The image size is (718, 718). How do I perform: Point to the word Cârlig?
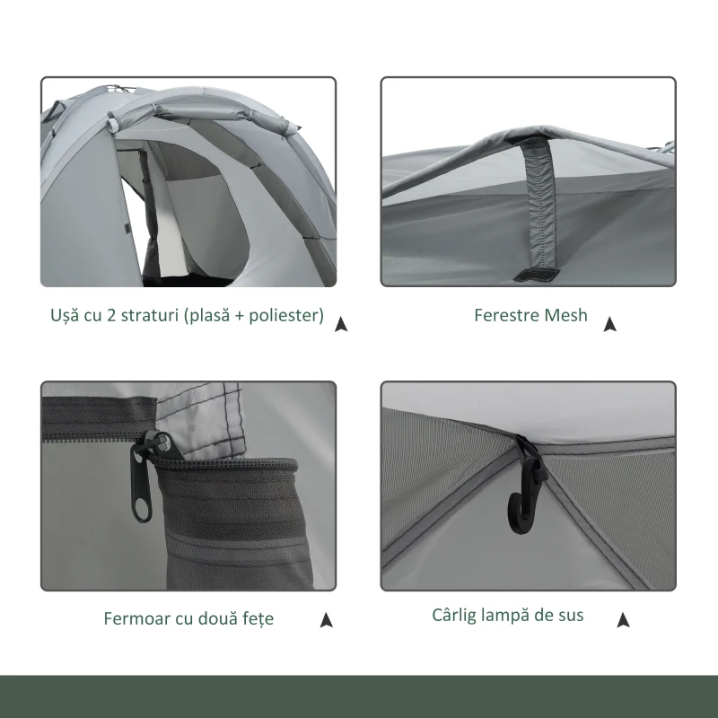454,616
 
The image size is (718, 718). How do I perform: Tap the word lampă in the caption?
509,616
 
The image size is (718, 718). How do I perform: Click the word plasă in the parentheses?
207,317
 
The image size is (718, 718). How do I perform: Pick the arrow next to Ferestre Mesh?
610,324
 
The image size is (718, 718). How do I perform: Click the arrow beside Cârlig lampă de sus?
624,619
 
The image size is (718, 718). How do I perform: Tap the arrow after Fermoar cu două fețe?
327,619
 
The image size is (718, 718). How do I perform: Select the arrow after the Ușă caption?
341,324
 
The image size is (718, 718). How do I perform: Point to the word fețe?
256,619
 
